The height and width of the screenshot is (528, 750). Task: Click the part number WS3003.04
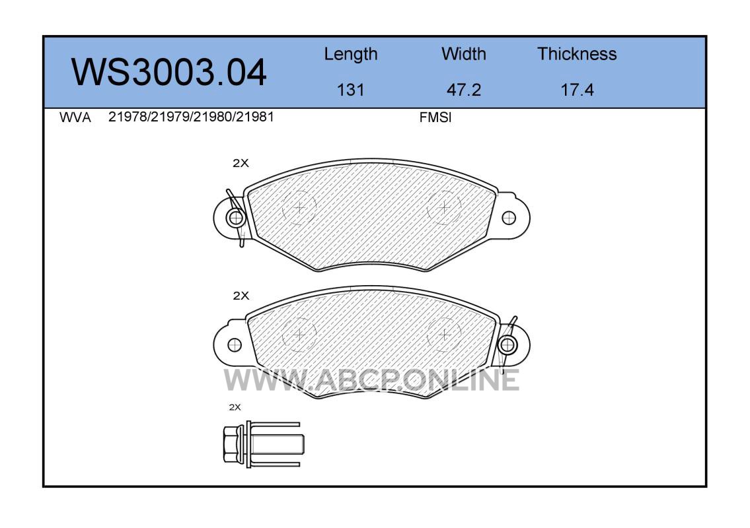point(169,72)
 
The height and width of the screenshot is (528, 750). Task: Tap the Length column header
point(351,55)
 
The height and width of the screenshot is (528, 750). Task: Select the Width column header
point(463,53)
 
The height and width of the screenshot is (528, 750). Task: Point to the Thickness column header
point(577,53)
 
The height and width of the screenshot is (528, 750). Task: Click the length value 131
point(351,90)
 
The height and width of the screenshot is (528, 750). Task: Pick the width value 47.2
point(463,90)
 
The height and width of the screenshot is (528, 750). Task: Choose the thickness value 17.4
point(577,90)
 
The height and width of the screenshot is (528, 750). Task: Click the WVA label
point(75,117)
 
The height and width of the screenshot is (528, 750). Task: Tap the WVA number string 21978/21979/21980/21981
point(191,117)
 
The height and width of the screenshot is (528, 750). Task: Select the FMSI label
point(435,117)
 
